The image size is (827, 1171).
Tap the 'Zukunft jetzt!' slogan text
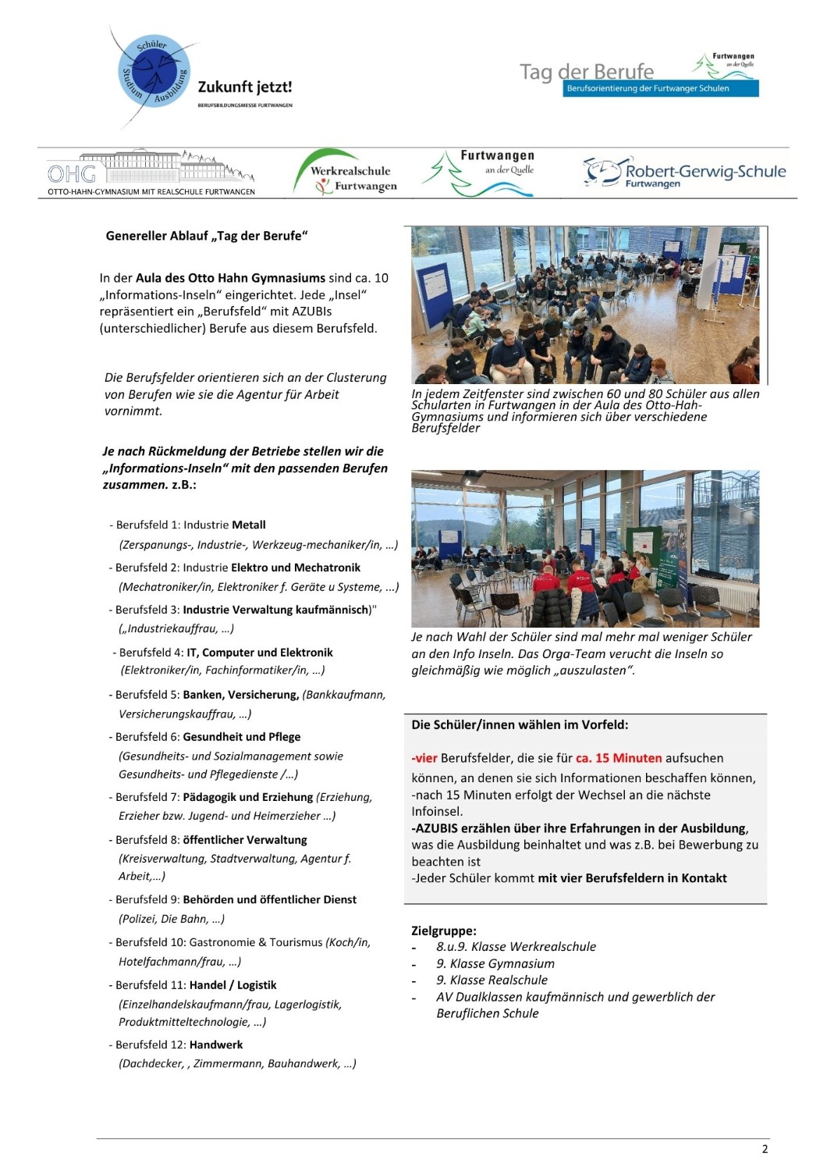coord(245,87)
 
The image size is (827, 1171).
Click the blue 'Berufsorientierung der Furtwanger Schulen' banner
coord(660,89)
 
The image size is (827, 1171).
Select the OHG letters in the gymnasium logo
coord(72,174)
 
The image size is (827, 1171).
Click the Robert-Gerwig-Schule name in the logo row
coord(705,172)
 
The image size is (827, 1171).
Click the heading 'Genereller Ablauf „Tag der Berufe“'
coord(207,236)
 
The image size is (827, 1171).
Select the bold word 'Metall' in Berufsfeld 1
coord(249,525)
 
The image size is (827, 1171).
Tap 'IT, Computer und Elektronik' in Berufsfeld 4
coord(260,653)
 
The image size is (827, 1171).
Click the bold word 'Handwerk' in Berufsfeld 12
coord(216,1045)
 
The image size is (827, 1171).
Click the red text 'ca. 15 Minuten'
coord(619,758)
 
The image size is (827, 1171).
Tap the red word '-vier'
coord(424,758)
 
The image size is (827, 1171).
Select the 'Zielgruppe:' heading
coord(444,931)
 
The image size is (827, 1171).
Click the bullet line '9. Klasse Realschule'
coord(492,980)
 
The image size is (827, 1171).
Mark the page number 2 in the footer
coord(765,1148)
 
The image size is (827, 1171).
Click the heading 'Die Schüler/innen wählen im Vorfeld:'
coord(520,724)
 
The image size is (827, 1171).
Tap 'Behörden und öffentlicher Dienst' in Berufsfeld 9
coord(270,899)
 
